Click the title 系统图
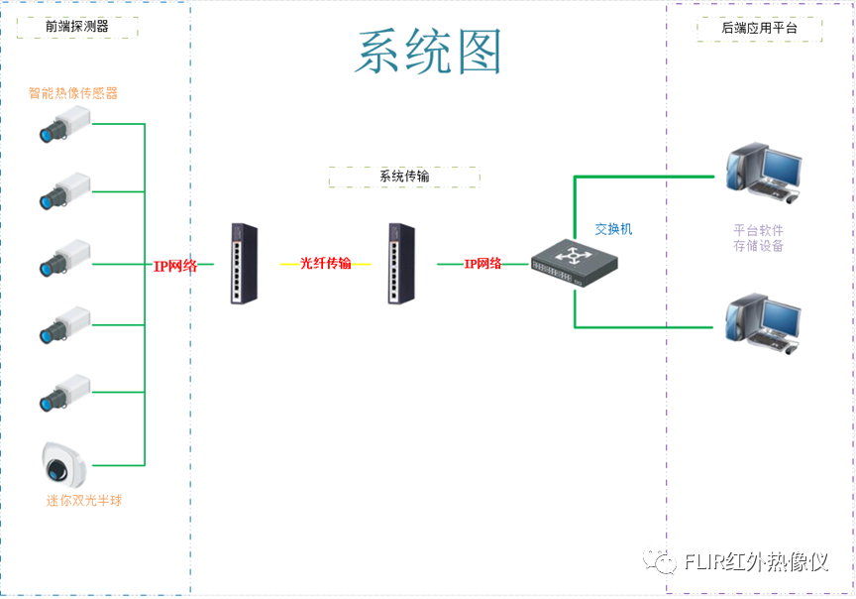coord(428,52)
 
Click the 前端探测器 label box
coord(77,27)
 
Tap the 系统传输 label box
coord(404,177)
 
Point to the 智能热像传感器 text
coord(73,93)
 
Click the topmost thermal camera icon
coord(64,124)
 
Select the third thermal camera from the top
coord(64,258)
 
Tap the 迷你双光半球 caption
coord(84,501)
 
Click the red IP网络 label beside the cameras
coord(175,266)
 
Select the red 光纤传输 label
coord(326,264)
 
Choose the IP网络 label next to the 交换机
coord(483,264)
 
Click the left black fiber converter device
coord(244,263)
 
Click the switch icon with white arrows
coord(575,262)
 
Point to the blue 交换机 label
coord(613,229)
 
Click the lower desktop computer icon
coord(762,322)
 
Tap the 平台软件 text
coord(758,230)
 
